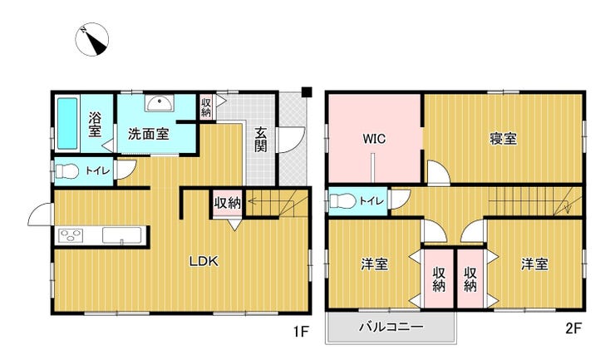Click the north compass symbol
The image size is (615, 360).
[91, 39]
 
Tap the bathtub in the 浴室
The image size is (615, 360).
[67, 123]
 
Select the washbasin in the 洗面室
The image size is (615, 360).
[160, 103]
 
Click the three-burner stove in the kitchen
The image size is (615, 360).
[71, 236]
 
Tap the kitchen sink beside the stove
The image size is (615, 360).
[122, 235]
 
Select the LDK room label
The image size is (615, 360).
[204, 261]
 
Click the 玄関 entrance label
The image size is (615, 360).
[260, 140]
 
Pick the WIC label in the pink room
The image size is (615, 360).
[374, 139]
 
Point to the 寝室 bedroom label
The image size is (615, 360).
[503, 139]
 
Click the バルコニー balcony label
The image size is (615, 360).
[391, 327]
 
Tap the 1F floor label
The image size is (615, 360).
[301, 332]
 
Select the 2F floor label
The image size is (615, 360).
[573, 328]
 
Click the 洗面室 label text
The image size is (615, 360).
[149, 134]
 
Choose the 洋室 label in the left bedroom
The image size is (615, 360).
[375, 264]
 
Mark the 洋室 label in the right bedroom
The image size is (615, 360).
[534, 264]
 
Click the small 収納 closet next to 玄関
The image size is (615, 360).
[206, 106]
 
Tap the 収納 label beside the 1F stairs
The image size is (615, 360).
[227, 203]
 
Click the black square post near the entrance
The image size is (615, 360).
[307, 91]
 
